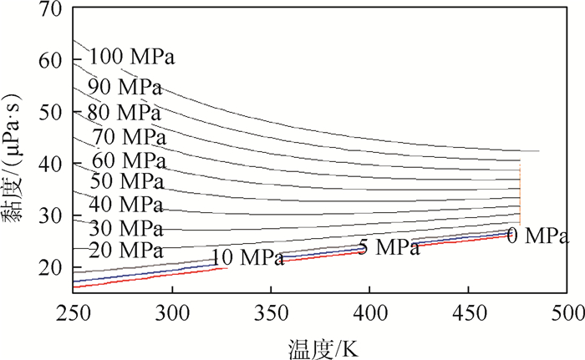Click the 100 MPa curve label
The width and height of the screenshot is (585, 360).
[132, 58]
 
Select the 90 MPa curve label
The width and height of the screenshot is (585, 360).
[125, 86]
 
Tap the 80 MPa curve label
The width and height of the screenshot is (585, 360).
[123, 111]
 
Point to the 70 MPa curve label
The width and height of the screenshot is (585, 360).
[129, 135]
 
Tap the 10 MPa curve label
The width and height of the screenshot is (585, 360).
[247, 258]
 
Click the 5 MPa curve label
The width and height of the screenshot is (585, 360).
[389, 247]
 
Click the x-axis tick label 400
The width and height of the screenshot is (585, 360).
[369, 313]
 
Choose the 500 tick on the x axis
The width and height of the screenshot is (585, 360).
[566, 313]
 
